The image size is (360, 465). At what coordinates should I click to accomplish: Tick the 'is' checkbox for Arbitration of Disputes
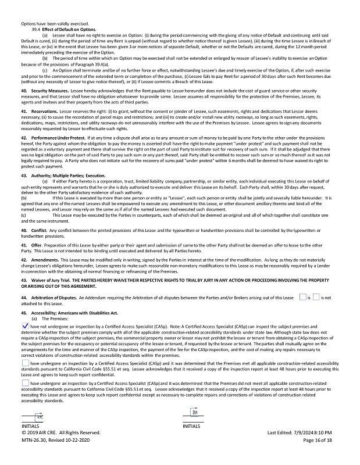point(302,297)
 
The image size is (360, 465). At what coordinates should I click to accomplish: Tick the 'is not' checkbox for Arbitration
point(316,297)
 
